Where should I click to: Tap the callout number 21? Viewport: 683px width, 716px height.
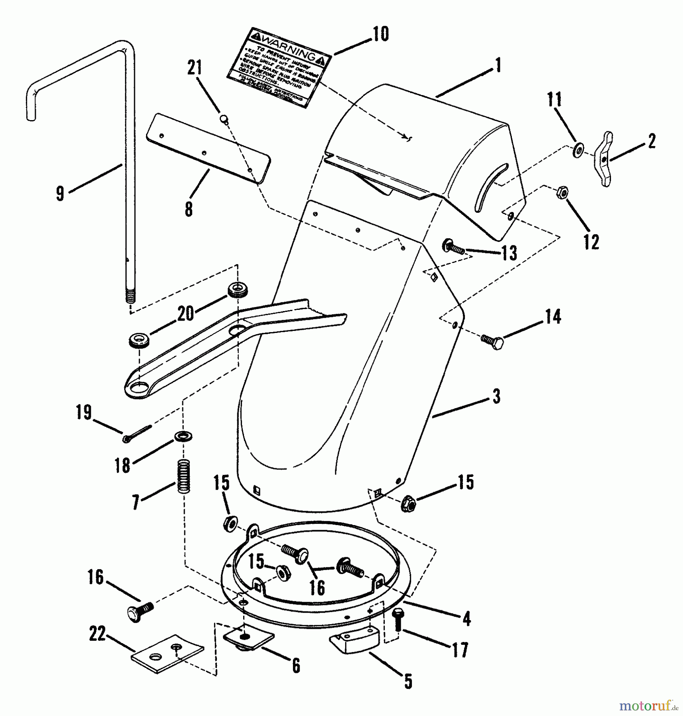coord(195,68)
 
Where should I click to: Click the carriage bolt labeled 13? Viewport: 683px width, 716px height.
coord(453,247)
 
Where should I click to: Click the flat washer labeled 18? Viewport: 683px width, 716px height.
coord(183,436)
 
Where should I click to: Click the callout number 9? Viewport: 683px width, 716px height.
coord(60,194)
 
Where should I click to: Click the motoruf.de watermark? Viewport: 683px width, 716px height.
coord(648,706)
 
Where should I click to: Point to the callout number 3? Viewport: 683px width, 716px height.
coord(496,397)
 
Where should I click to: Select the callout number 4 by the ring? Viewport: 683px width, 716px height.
coord(466,619)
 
